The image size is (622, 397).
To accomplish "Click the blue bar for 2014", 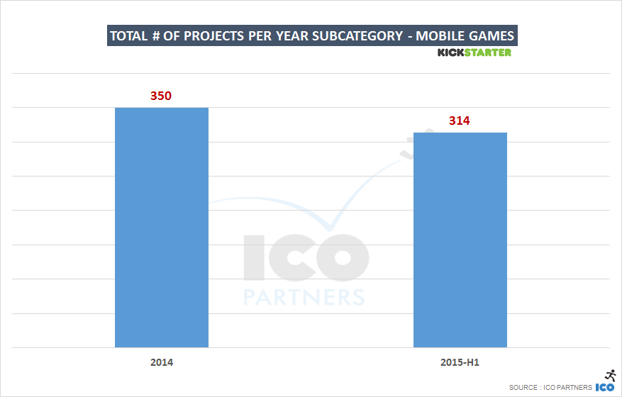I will point(161,227).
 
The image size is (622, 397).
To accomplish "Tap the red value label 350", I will point(161,95).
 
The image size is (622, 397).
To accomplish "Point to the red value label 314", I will point(460,121).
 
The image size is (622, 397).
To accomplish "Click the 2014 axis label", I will point(161,362).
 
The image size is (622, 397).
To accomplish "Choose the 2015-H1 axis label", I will point(460,362).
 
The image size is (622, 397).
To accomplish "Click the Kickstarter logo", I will point(474,52).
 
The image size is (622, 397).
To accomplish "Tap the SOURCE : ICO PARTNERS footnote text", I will point(550,388).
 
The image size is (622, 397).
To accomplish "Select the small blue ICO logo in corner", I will point(604,387).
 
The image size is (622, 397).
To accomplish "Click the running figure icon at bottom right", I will point(609,375).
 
